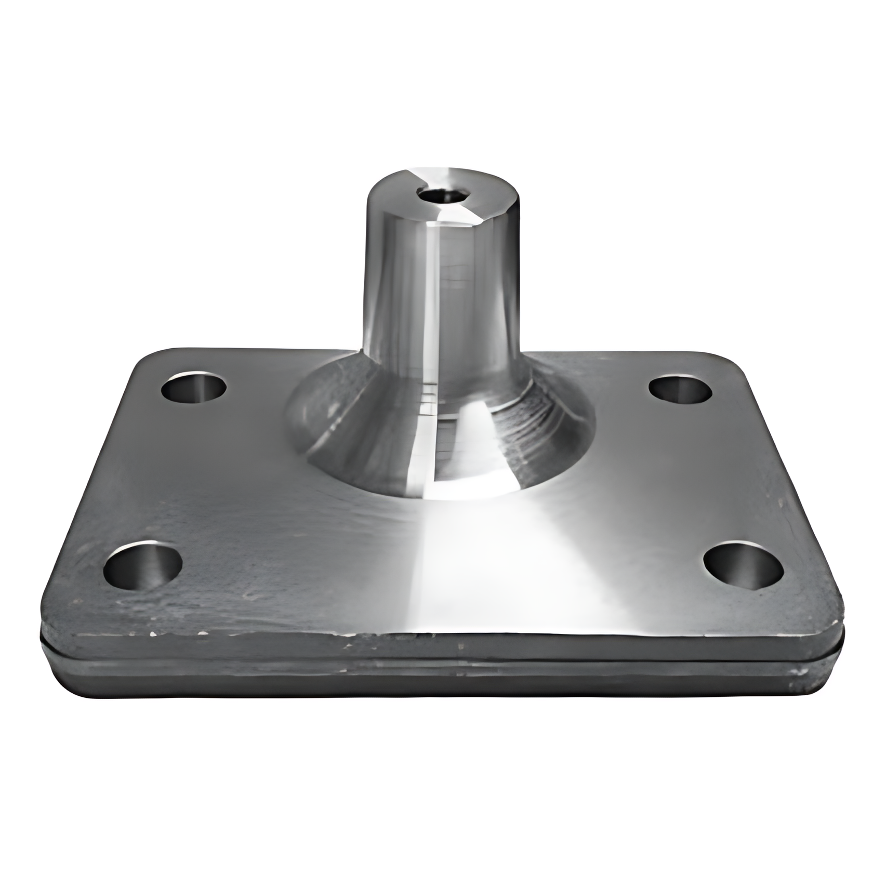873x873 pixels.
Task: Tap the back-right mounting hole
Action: pyautogui.click(x=680, y=389)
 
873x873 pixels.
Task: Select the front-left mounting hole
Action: pyautogui.click(x=143, y=565)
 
